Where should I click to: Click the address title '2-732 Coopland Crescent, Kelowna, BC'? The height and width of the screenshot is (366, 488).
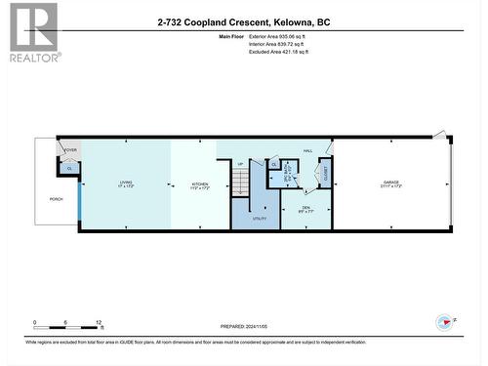click(244, 20)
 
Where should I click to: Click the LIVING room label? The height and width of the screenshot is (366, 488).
click(126, 183)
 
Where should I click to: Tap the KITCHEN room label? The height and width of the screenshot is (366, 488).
click(200, 183)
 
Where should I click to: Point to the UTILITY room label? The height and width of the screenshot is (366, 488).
click(260, 219)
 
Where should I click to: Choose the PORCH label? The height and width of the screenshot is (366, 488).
click(57, 198)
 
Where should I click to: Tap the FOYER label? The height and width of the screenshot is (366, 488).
click(70, 150)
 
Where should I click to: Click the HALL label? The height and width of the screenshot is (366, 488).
click(307, 151)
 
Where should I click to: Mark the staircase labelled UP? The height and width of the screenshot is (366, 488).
click(241, 180)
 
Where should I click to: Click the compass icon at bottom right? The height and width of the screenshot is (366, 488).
click(445, 321)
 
